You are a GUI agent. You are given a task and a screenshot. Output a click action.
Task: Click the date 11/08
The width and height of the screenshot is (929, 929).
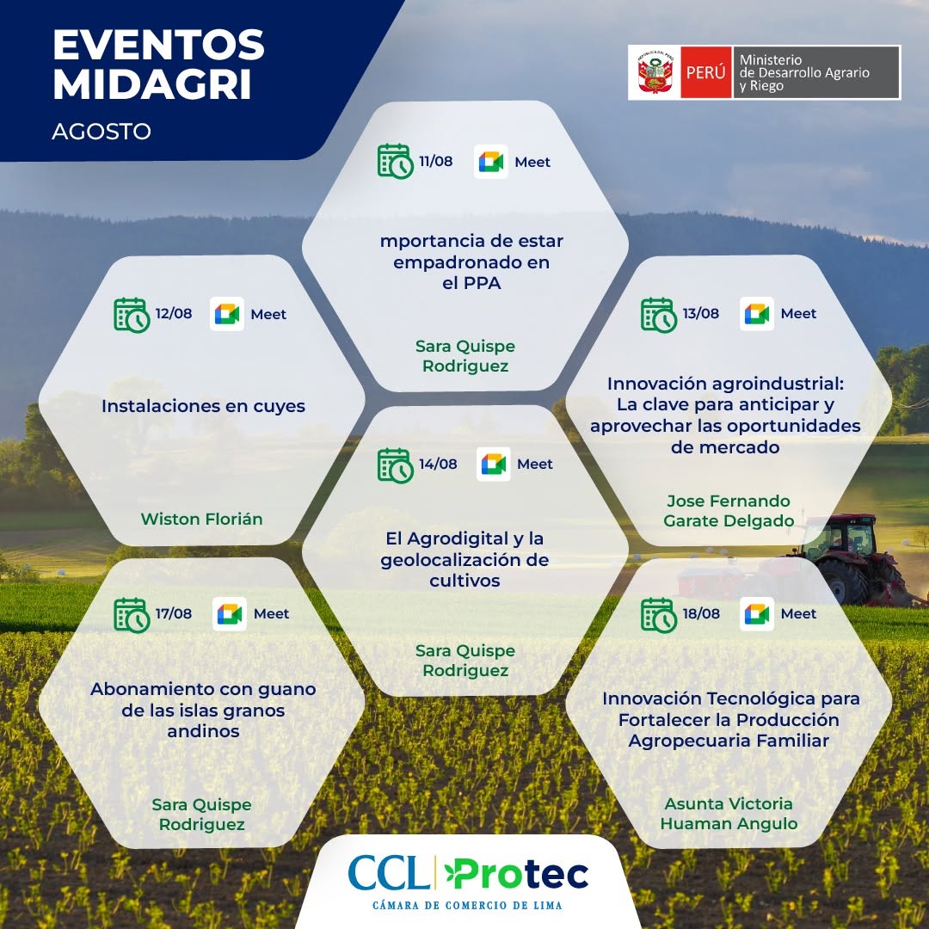click(x=435, y=161)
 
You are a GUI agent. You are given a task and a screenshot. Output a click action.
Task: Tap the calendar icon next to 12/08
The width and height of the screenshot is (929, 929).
click(x=132, y=315)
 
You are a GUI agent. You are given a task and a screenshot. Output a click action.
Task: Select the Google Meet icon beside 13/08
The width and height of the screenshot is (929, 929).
click(x=757, y=313)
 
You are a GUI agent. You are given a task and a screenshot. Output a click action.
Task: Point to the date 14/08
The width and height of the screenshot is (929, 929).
click(x=438, y=464)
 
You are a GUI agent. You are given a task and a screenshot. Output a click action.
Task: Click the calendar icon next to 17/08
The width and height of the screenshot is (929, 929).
click(x=132, y=615)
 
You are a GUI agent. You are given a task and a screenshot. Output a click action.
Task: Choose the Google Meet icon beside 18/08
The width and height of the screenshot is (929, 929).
click(x=757, y=614)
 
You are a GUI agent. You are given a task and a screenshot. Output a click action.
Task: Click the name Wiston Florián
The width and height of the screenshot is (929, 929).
click(x=201, y=519)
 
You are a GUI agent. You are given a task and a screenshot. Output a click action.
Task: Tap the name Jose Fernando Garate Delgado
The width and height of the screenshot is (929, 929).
click(x=729, y=511)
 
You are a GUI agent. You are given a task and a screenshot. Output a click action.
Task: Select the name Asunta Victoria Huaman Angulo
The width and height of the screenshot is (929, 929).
click(x=729, y=814)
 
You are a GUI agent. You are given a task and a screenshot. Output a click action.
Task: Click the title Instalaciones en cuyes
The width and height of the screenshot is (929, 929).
click(x=203, y=406)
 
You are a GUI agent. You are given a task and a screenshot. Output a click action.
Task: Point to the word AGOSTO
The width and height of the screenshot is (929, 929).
click(x=102, y=132)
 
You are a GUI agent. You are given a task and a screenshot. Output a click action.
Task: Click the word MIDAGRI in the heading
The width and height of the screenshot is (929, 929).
click(x=153, y=84)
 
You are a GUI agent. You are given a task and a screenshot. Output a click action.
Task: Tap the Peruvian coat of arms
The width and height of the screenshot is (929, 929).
click(x=654, y=72)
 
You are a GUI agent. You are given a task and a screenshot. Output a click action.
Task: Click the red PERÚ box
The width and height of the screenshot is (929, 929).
click(x=705, y=72)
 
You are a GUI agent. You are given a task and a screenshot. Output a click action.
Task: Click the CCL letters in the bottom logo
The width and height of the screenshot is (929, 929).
click(x=388, y=873)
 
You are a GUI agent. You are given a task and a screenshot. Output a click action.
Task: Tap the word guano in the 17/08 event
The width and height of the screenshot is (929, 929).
click(x=286, y=690)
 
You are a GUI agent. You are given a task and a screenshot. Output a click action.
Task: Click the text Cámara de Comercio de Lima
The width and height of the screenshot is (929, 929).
click(x=467, y=905)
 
